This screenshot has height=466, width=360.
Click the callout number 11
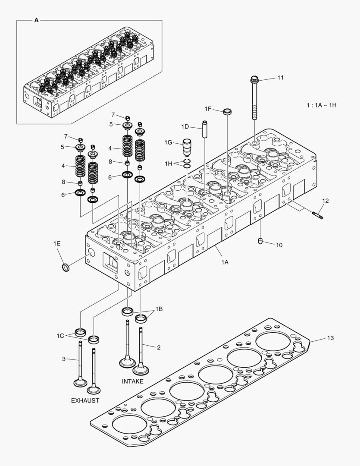coord(280,78)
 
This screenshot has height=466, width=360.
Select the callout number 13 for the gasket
coord(331,338)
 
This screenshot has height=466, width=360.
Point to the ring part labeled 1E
coord(65,268)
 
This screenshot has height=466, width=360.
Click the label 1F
coord(208,109)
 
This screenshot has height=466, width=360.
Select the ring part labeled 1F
coord(227,112)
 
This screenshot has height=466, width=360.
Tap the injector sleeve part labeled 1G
coord(187,148)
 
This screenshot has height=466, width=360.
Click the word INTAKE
coord(133,381)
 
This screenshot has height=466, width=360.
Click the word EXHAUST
coord(85,400)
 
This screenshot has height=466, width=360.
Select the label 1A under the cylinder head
coord(225,262)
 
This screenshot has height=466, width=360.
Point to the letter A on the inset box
coord(36,20)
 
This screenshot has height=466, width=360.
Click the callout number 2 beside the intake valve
coord(159,346)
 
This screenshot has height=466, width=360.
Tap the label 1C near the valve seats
coord(60,335)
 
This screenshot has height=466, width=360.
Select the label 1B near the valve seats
coord(159,309)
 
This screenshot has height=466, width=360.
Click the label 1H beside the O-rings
coord(168,163)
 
